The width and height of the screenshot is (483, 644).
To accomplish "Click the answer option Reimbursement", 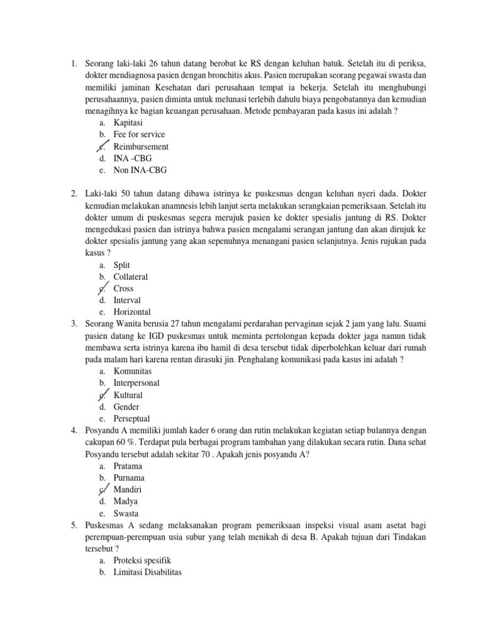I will pyautogui.click(x=141, y=147).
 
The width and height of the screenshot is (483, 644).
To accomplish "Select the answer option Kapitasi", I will pyautogui.click(x=128, y=123).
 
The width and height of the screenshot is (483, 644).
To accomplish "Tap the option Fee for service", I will pyautogui.click(x=139, y=135).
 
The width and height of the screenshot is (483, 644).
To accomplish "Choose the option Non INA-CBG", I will pyautogui.click(x=140, y=170).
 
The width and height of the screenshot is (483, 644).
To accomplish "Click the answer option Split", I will pyautogui.click(x=122, y=265).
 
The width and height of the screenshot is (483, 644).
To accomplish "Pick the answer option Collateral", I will pyautogui.click(x=131, y=277).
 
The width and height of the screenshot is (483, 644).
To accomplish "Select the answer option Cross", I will pyautogui.click(x=123, y=289).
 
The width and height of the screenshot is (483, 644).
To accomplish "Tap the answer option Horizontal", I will pyautogui.click(x=132, y=312).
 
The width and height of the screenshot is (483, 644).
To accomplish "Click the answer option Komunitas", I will pyautogui.click(x=133, y=371).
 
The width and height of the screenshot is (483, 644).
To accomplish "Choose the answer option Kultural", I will pyautogui.click(x=128, y=395).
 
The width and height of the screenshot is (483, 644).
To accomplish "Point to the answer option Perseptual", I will pyautogui.click(x=131, y=418).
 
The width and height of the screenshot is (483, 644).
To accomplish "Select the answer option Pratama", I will pyautogui.click(x=128, y=466).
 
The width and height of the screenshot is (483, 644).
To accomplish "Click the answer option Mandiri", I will pyautogui.click(x=128, y=489).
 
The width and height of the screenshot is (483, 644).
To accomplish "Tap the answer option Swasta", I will pyautogui.click(x=126, y=513).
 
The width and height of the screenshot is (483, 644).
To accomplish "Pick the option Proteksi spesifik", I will pyautogui.click(x=142, y=560).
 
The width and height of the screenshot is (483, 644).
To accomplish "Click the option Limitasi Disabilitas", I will pyautogui.click(x=147, y=572).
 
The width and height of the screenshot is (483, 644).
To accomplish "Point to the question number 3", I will pyautogui.click(x=74, y=324).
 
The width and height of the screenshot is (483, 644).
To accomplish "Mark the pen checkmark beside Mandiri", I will pyautogui.click(x=103, y=489).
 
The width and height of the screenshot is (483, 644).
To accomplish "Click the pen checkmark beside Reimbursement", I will pyautogui.click(x=103, y=146).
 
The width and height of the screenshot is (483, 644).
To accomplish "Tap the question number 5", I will pyautogui.click(x=74, y=525).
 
